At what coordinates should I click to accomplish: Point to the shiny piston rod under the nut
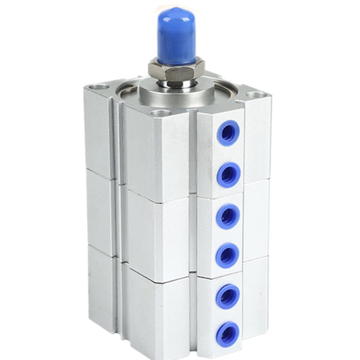(176, 84)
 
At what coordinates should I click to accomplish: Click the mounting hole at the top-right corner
(255, 95)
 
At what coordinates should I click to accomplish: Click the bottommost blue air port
(228, 333)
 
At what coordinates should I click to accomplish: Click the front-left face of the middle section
(157, 234)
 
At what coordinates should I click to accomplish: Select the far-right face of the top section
(257, 139)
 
